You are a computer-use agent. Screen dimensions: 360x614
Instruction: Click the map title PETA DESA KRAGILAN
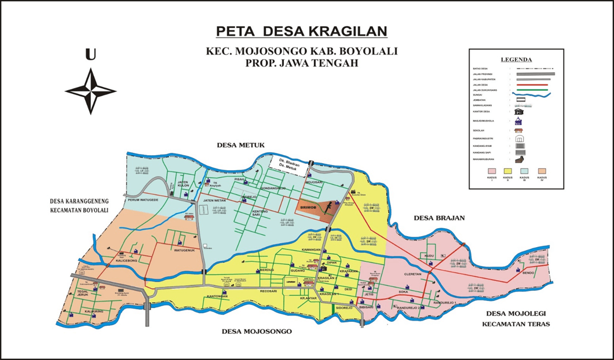(301, 31)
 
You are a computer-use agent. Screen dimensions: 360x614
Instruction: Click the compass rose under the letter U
(90, 91)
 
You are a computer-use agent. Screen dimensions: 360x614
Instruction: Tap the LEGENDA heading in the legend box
(516, 60)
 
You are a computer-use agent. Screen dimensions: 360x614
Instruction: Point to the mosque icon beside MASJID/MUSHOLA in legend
(519, 122)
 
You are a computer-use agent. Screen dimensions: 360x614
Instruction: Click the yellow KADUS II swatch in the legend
(507, 171)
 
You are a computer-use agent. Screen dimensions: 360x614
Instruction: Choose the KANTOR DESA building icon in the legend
(519, 111)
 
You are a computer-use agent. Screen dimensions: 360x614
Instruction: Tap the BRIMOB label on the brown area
(309, 205)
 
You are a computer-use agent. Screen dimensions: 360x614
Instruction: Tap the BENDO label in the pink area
(528, 273)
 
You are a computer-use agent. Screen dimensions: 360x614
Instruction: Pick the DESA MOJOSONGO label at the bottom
(257, 332)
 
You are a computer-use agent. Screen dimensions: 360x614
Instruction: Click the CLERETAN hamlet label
(414, 275)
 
